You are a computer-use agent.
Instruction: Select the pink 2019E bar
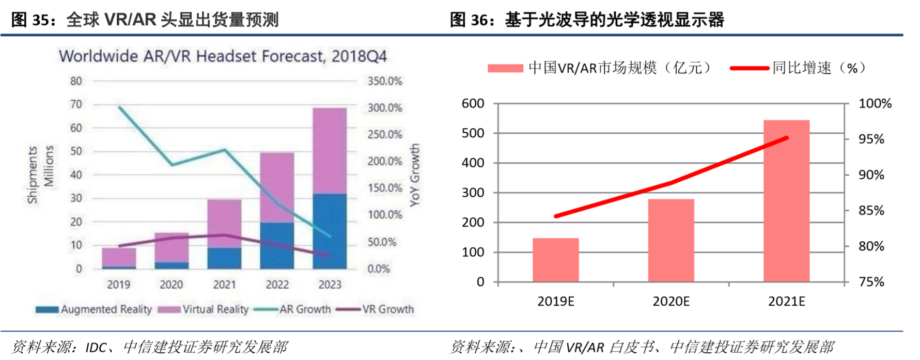[x=555, y=260]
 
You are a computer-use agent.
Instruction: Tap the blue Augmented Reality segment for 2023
[x=330, y=231]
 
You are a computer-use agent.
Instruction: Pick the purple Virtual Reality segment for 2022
[x=277, y=187]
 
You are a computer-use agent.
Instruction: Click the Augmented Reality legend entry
[x=94, y=309]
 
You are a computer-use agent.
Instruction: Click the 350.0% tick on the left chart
[x=384, y=81]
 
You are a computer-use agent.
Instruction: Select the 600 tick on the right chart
[x=473, y=103]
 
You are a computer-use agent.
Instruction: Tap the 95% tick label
[x=871, y=139]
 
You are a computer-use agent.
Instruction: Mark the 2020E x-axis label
[x=670, y=301]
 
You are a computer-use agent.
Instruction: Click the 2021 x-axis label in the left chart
[x=224, y=285]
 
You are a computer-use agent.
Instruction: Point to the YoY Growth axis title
[x=414, y=175]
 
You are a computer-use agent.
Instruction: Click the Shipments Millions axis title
[x=40, y=175]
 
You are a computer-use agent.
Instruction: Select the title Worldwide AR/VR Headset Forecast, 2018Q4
[x=223, y=56]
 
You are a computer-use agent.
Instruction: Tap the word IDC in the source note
[x=96, y=347]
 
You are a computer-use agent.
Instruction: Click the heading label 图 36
[x=469, y=20]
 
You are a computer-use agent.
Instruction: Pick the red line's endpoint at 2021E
[x=787, y=137]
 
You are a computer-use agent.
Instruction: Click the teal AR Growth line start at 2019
[x=119, y=107]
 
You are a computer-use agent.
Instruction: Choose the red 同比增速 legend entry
[x=798, y=68]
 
